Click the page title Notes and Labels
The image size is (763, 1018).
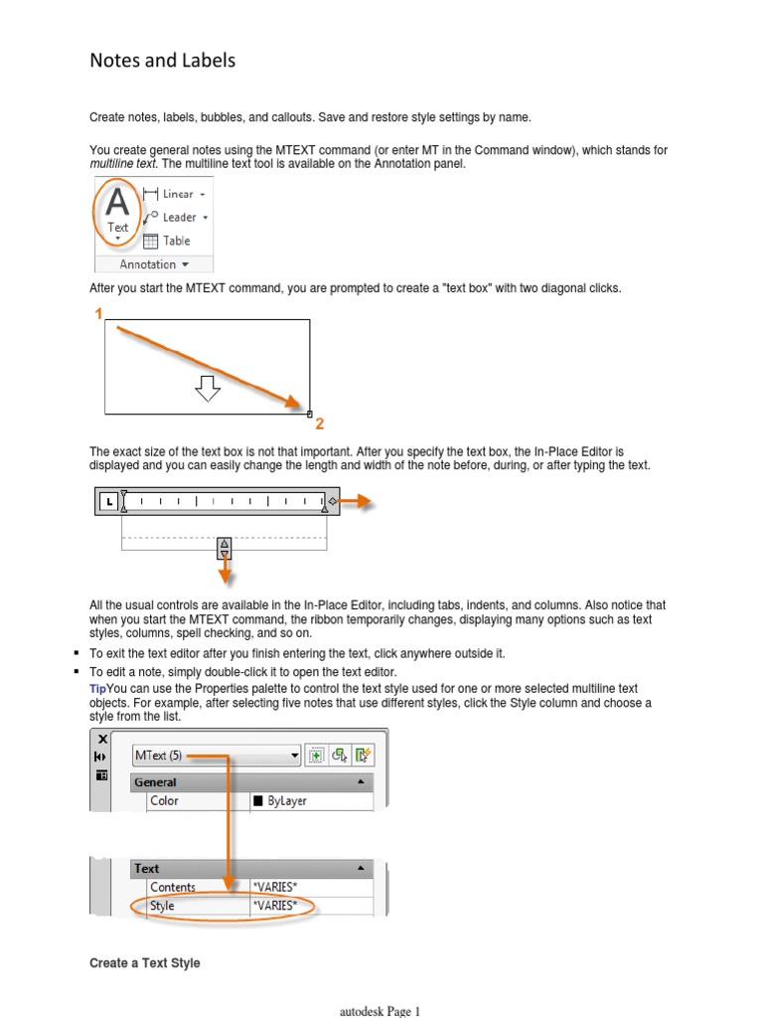point(163,61)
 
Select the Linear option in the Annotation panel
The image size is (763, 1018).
point(176,194)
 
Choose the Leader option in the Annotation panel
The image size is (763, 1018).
point(177,217)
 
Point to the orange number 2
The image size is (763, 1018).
point(320,424)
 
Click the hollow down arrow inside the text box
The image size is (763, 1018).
point(207,389)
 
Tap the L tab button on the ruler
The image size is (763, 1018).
point(107,502)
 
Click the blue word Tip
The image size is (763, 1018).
point(97,689)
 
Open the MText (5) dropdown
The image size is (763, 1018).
point(217,756)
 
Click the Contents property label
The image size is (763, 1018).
point(173,887)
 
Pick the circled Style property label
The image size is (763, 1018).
point(162,906)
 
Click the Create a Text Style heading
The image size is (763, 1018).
point(145,963)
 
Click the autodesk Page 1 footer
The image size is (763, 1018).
point(381,1011)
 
